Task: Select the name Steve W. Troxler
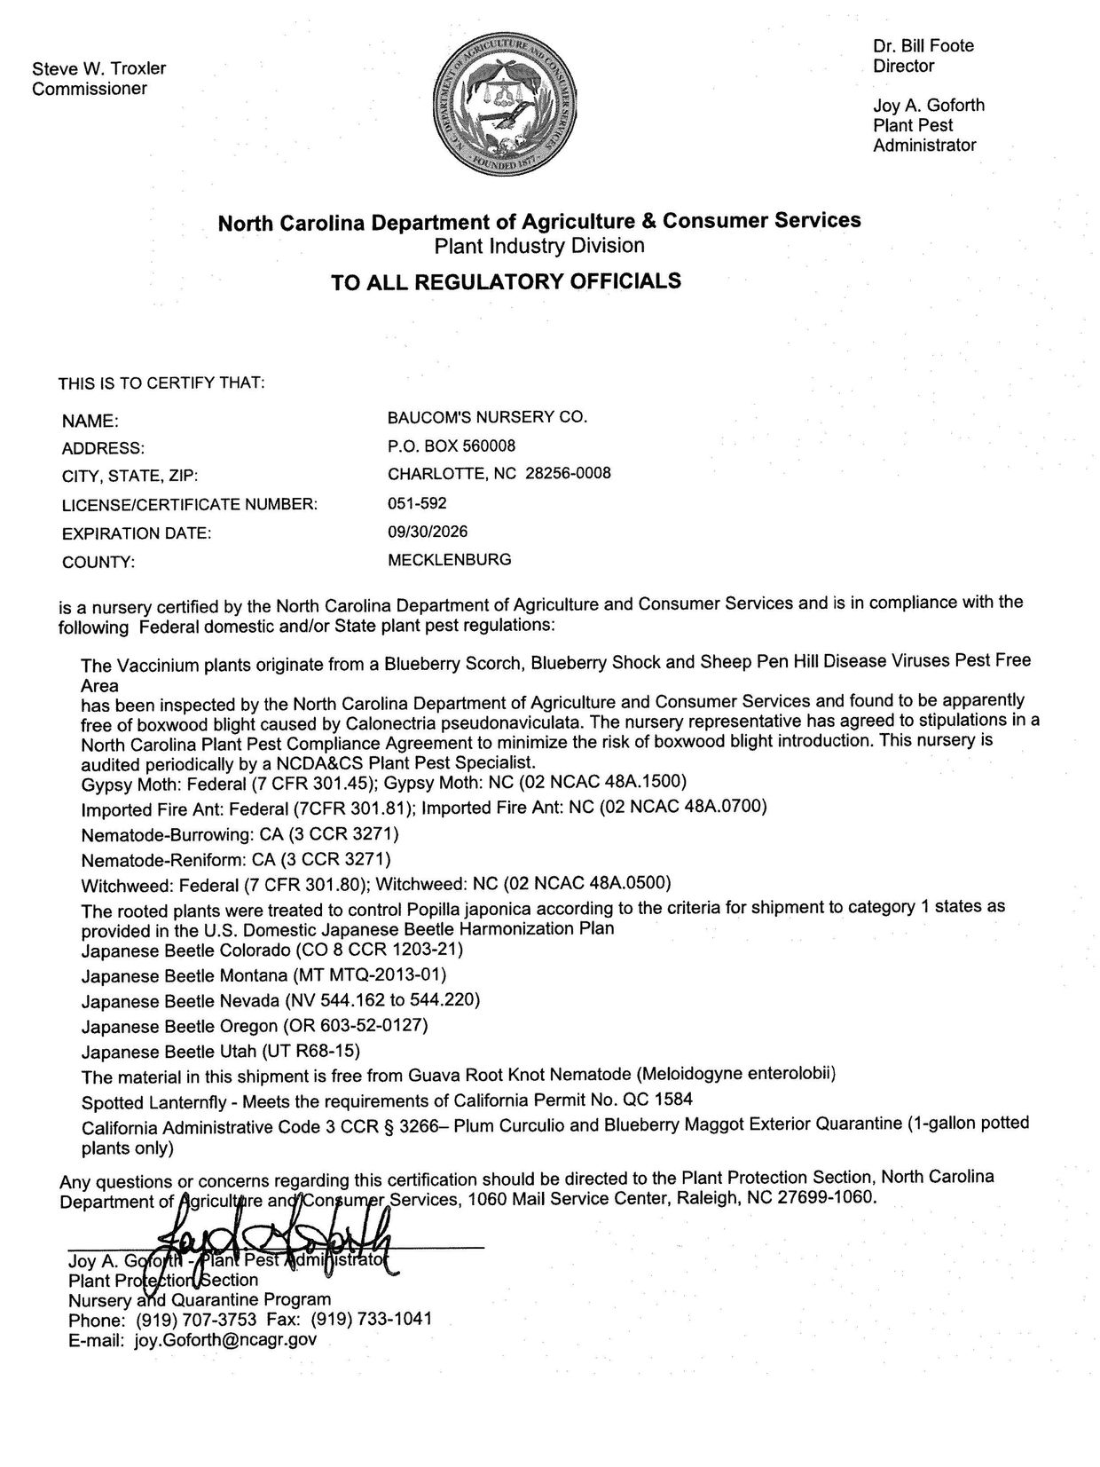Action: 98,68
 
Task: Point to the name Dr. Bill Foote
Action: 923,46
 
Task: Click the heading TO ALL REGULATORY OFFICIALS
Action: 506,282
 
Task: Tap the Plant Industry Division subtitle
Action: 539,245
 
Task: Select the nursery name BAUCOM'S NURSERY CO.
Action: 488,416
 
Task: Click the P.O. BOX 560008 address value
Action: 452,446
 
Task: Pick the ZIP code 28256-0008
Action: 568,474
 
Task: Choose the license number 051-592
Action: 417,503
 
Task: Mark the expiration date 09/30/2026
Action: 428,532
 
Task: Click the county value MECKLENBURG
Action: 450,560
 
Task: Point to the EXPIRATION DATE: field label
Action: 137,533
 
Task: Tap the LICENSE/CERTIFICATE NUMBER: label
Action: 190,505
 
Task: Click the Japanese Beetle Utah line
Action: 220,1052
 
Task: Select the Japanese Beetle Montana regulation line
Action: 263,975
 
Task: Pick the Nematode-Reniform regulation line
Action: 235,859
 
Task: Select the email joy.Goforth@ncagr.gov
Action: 225,1340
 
